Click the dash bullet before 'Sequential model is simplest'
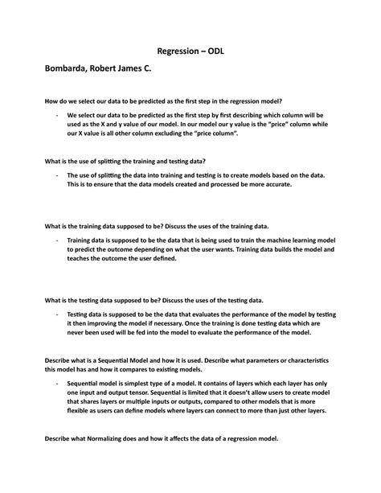coord(57,389)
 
